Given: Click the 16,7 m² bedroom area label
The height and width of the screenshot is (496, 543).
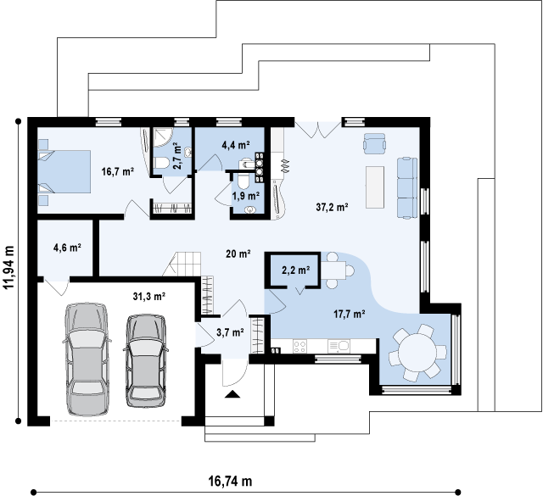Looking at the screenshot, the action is (x=118, y=171).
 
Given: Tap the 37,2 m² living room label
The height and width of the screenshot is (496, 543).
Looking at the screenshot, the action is (x=332, y=207).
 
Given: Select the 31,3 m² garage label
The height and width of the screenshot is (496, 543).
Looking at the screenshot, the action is (x=149, y=296).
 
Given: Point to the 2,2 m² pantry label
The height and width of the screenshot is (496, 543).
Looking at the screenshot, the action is (x=296, y=270).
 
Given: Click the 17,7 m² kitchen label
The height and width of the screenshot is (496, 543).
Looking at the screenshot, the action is (x=350, y=314).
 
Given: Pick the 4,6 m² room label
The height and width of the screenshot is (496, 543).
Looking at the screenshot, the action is (x=67, y=248).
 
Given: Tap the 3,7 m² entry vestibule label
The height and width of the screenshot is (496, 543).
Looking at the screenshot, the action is (x=230, y=332).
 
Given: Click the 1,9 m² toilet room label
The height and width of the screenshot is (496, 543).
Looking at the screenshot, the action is (x=246, y=196).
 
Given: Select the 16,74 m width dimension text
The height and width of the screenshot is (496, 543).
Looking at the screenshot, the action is (x=230, y=481).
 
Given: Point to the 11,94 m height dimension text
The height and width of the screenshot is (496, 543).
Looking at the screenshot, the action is (x=8, y=267).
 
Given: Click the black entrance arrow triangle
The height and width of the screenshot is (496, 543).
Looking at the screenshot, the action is (x=232, y=394).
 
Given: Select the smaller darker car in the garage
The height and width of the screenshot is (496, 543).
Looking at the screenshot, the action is (x=146, y=360).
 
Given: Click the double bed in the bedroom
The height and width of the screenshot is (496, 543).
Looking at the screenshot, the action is (x=64, y=171).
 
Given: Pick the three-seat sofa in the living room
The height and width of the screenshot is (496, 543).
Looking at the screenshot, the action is (x=407, y=188).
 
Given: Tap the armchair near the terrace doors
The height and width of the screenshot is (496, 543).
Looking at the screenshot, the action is (x=374, y=143).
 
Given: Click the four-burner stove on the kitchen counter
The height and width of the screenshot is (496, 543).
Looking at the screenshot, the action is (x=299, y=346).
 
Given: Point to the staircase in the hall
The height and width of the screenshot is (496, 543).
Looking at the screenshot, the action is (x=182, y=264).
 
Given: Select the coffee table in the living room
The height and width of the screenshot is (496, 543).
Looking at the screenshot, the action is (x=375, y=187).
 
